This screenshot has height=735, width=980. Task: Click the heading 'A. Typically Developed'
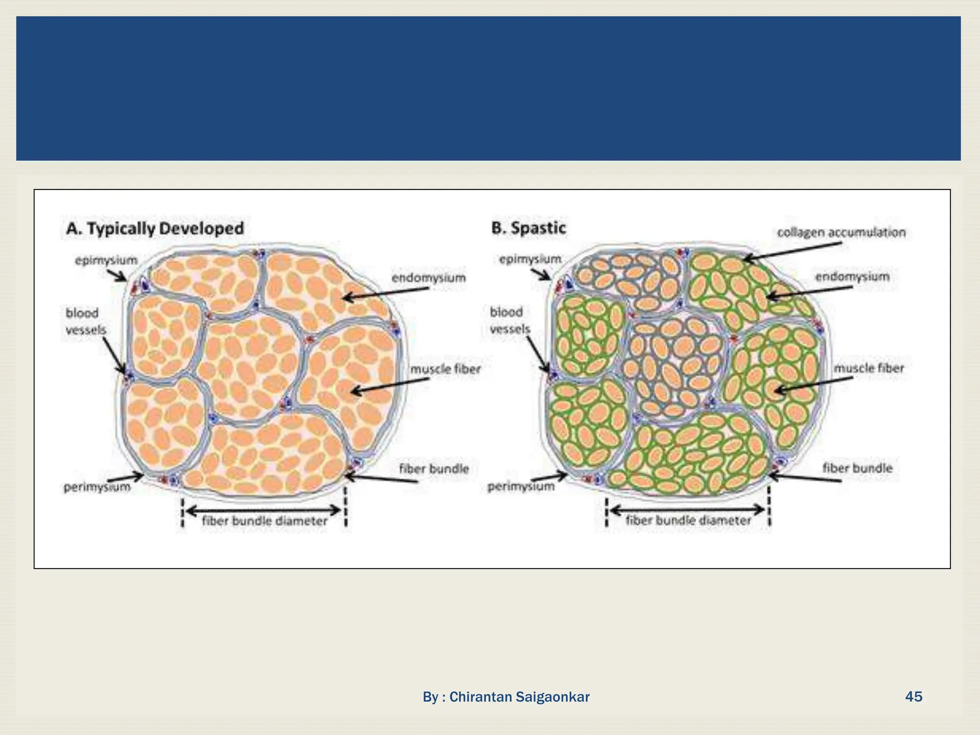tap(155, 228)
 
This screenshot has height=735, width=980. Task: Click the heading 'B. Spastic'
tap(528, 228)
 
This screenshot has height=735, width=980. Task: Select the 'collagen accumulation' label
tap(841, 232)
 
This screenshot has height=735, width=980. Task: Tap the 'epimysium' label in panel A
tap(106, 260)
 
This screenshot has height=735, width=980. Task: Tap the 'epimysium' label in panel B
tap(530, 259)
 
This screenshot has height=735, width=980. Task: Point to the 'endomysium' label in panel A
tap(428, 278)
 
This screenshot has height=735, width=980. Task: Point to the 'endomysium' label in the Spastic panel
tap(852, 276)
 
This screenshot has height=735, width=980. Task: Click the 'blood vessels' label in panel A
tap(86, 321)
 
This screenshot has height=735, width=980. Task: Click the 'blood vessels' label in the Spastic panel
tap(510, 320)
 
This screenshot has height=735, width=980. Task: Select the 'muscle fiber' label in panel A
tap(445, 369)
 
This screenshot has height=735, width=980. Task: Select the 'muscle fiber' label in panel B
tap(869, 368)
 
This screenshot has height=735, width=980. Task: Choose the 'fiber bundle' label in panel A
tap(434, 468)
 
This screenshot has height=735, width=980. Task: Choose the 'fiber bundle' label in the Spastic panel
tap(857, 468)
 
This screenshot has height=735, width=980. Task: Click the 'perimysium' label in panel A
tap(97, 487)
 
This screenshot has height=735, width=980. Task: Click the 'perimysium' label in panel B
tap(521, 486)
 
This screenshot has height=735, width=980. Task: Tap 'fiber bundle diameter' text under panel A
tap(265, 521)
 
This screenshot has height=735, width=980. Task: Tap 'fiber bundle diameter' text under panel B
tap(689, 520)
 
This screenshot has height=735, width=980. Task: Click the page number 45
tap(913, 696)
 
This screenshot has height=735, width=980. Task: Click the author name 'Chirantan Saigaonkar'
tap(519, 697)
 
